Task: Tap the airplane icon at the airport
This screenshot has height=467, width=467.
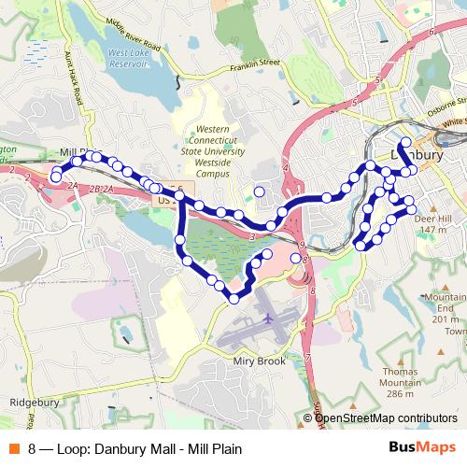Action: click(270, 318)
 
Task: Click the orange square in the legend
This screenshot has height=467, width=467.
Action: click(16, 448)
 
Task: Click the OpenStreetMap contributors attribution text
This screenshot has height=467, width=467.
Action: click(386, 418)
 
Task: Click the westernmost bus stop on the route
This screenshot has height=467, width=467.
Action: click(56, 177)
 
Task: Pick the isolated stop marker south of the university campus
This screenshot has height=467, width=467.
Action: click(259, 192)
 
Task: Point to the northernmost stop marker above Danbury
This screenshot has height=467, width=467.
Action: click(404, 141)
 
